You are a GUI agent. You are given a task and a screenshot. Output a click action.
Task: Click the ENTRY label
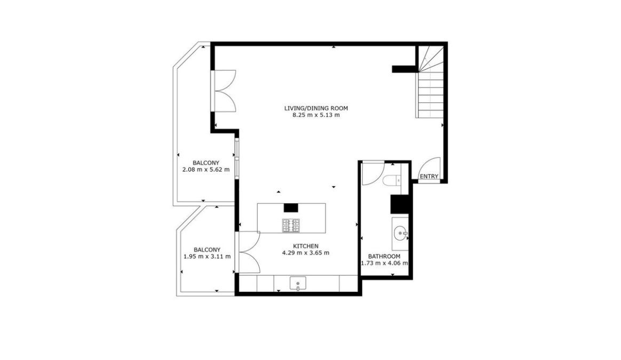tap(429, 177)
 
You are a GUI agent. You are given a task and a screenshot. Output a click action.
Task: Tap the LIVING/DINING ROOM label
tap(316, 108)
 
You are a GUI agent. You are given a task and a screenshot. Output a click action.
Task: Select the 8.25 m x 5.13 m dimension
tap(316, 115)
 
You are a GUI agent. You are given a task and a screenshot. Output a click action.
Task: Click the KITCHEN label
tap(305, 246)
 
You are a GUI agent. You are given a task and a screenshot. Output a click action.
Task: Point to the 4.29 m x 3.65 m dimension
tap(305, 253)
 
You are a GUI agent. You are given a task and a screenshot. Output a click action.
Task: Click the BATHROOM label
tap(384, 256)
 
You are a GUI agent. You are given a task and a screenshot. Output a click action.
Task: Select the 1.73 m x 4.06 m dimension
tap(384, 263)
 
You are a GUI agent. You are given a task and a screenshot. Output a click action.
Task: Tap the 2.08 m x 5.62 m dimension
tap(206, 170)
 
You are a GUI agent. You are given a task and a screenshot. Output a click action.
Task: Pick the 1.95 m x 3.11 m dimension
tap(207, 256)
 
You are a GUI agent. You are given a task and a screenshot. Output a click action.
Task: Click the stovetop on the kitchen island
tap(291, 226)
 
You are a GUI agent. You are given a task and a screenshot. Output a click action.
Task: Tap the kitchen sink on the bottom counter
tap(298, 284)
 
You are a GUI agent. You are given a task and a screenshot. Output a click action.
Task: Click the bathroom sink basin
tap(400, 233)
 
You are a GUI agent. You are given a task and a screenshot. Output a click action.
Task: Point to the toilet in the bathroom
tap(392, 180)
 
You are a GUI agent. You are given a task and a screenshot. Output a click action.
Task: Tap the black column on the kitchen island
tap(291, 207)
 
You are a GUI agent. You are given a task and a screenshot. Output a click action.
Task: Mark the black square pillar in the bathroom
tap(400, 204)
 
